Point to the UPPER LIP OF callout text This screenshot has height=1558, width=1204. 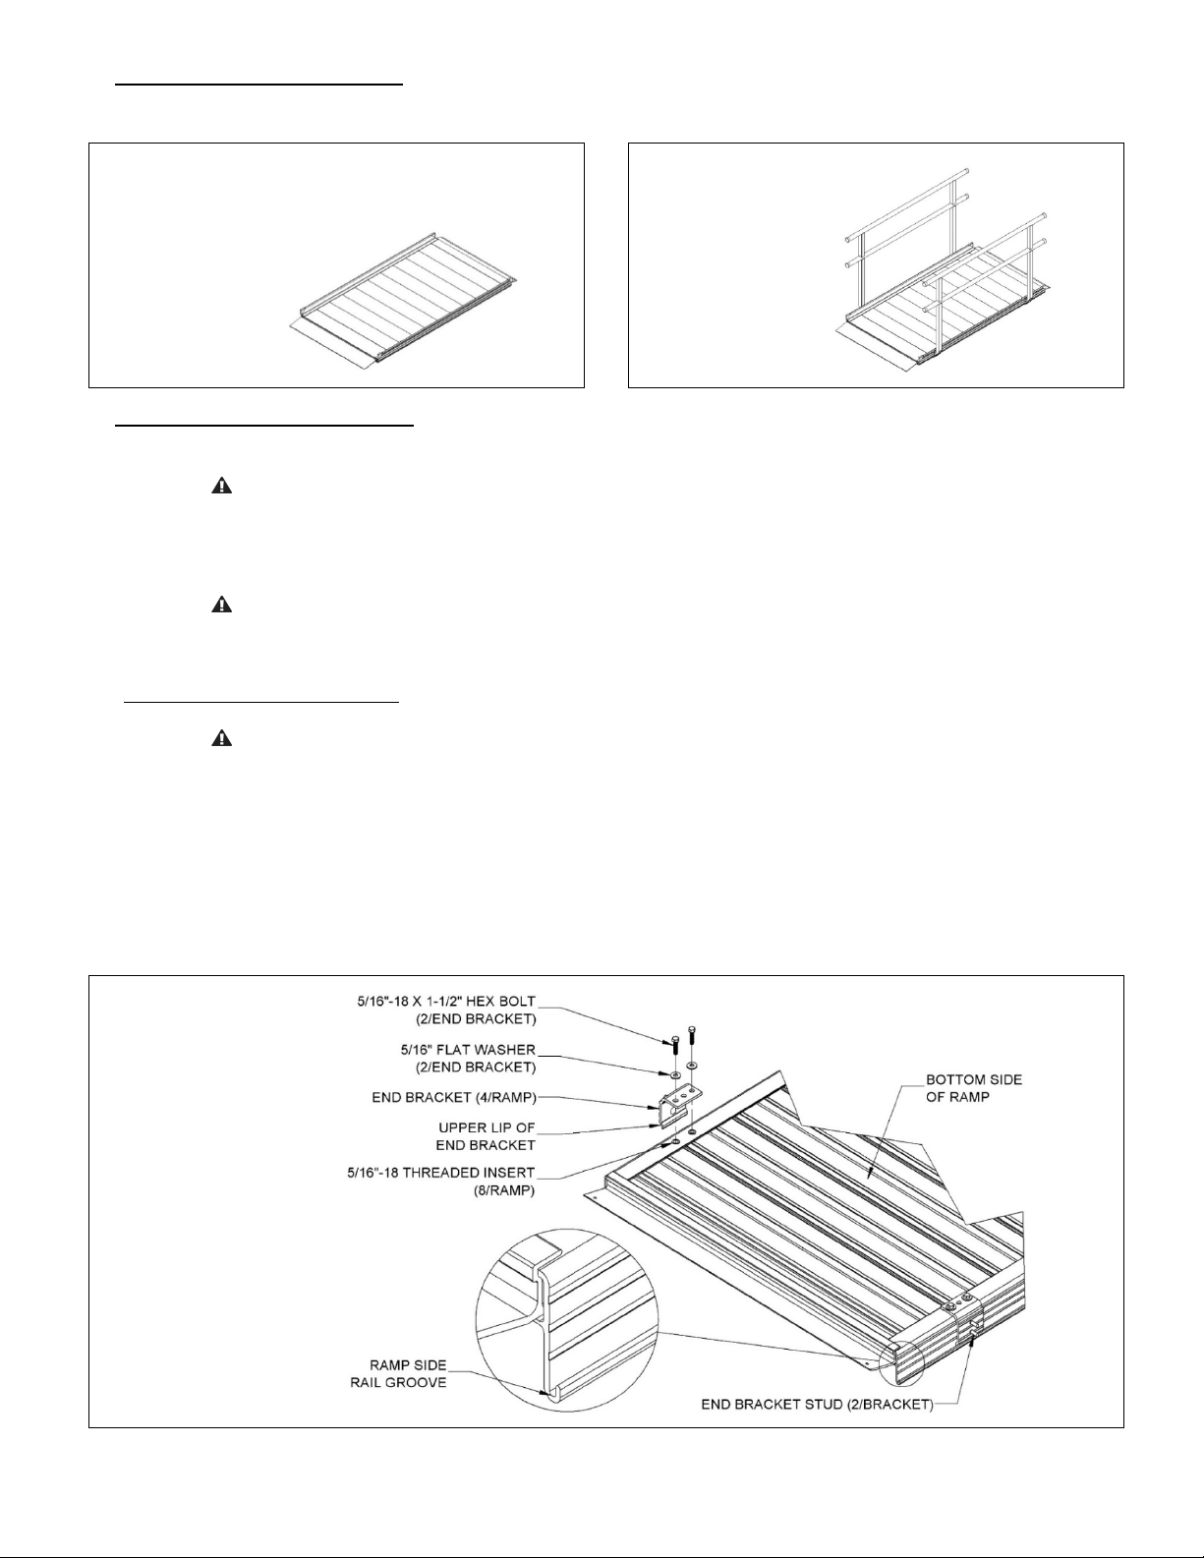point(487,1127)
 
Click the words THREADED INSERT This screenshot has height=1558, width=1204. point(470,1173)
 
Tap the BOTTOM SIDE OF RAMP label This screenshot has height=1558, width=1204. point(974,1088)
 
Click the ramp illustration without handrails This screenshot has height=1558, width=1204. point(403,300)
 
